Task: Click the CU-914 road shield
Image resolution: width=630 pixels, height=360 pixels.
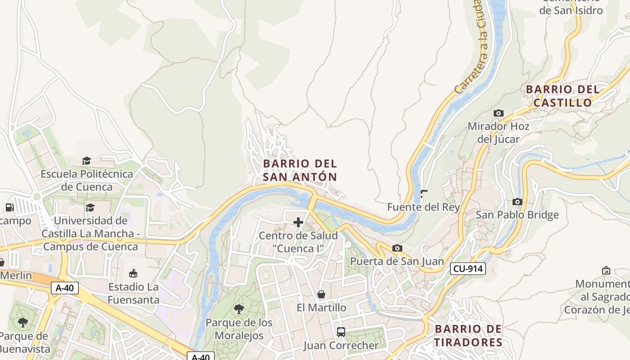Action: point(468,269)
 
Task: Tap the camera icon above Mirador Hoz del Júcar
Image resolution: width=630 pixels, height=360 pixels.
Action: point(498,113)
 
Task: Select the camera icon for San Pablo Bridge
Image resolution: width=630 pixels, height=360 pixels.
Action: point(517,202)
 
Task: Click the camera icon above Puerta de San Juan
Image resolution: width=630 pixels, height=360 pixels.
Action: point(397,248)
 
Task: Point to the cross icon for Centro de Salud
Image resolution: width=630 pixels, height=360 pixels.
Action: point(298,222)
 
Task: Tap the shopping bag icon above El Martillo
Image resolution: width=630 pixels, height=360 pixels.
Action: point(321,294)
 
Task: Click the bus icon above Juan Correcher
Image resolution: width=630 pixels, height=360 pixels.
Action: point(341,332)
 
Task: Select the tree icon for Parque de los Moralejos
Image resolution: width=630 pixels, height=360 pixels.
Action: point(239,309)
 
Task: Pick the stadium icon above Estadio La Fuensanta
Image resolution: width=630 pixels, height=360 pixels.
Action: point(133,273)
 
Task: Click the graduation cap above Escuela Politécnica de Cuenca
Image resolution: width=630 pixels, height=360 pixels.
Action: point(87,161)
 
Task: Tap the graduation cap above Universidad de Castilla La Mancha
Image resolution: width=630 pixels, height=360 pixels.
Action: point(90,207)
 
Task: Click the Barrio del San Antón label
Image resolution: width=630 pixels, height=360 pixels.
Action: point(300,170)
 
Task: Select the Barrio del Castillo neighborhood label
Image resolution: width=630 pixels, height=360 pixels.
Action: point(563,96)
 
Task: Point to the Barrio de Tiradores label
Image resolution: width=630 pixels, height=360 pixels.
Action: point(468,336)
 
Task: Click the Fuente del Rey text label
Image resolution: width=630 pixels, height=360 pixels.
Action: point(423,207)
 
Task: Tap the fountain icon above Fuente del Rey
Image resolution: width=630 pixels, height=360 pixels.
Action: point(423,194)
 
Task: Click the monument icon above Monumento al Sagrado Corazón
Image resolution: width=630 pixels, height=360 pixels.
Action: point(606,270)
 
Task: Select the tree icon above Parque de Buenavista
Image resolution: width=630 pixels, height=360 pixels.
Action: point(23,322)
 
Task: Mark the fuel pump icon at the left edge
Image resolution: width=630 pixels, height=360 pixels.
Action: point(9,207)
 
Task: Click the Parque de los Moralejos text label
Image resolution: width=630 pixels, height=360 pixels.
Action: point(239,329)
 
